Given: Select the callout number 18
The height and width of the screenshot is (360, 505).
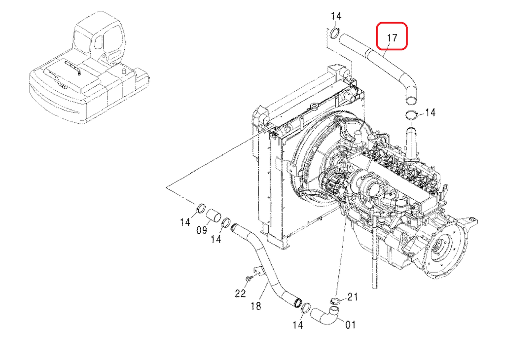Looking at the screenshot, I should (255, 306).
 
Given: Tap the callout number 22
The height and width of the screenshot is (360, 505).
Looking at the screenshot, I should (240, 293).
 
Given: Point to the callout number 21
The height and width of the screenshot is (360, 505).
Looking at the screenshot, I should (352, 296).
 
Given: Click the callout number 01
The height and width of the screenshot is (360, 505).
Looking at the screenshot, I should (350, 324).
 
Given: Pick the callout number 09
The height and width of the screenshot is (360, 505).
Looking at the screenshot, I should (202, 229).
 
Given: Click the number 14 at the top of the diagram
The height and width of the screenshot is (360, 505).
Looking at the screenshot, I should (336, 17).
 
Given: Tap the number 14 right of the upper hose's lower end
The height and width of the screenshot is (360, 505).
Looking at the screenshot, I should (430, 113).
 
